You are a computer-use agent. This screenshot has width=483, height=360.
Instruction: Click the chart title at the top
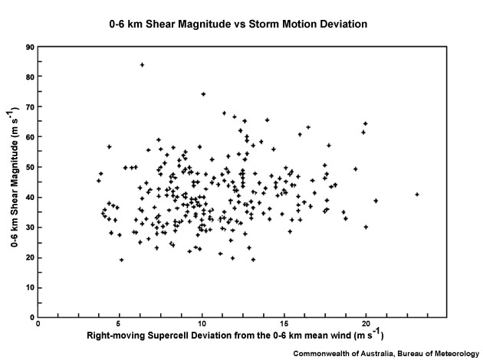pos(238,24)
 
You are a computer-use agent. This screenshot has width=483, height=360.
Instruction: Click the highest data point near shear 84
pos(142,64)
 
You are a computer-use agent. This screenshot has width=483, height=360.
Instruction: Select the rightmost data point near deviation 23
pos(417,195)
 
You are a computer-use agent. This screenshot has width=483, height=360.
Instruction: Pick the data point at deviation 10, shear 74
pos(203,94)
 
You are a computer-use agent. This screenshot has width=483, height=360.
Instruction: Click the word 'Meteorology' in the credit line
pos(449,352)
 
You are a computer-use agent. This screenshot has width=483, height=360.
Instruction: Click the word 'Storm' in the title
pos(271,24)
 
